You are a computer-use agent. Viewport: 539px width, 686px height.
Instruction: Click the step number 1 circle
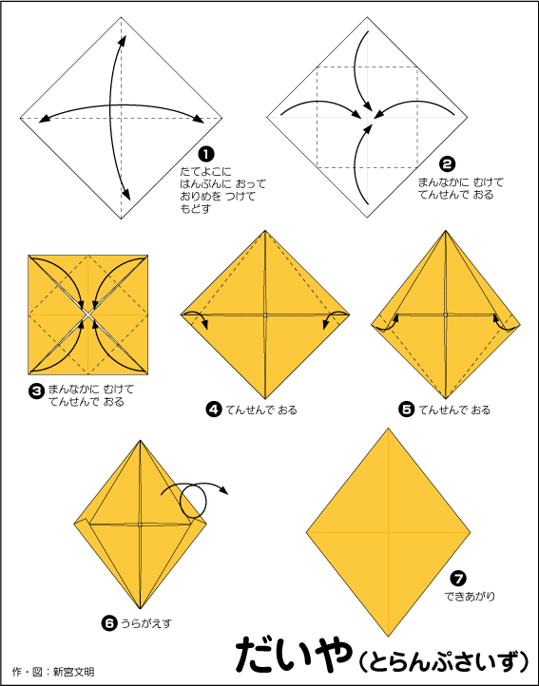[206, 154]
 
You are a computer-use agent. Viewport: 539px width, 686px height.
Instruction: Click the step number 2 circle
[447, 164]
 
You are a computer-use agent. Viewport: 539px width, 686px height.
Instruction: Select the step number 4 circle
[214, 410]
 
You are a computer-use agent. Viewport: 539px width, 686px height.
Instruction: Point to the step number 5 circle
[406, 410]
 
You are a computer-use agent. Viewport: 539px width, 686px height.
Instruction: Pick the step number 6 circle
[108, 623]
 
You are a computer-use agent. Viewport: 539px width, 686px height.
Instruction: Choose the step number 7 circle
[458, 579]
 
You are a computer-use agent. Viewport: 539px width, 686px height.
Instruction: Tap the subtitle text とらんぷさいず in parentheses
[444, 659]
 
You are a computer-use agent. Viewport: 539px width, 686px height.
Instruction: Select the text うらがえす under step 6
[146, 623]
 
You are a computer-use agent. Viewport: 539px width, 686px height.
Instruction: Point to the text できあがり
[470, 596]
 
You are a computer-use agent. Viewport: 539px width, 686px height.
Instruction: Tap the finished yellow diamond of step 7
[388, 532]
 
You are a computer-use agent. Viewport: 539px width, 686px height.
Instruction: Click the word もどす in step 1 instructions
[195, 209]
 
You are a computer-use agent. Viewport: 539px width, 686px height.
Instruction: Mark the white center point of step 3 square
[88, 314]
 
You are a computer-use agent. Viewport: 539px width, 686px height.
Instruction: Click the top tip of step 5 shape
[446, 231]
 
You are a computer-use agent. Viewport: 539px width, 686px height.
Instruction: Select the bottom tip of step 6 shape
[140, 608]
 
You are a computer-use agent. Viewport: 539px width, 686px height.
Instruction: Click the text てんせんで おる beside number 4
[261, 410]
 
